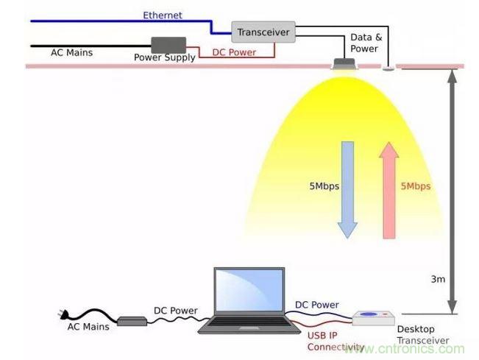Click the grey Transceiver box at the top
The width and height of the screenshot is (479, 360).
(x=264, y=32)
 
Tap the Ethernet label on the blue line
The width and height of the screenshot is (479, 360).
(x=163, y=15)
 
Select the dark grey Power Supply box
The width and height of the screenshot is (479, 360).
(x=168, y=44)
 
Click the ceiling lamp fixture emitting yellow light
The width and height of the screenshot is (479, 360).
(x=344, y=64)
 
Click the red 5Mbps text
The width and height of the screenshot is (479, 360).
(x=416, y=186)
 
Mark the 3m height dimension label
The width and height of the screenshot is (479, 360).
(x=438, y=279)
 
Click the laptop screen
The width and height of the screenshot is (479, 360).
(x=249, y=292)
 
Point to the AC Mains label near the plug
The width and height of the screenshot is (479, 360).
(x=88, y=326)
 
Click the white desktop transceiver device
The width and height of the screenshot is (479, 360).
(x=376, y=317)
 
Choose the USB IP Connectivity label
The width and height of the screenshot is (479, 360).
(x=336, y=341)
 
